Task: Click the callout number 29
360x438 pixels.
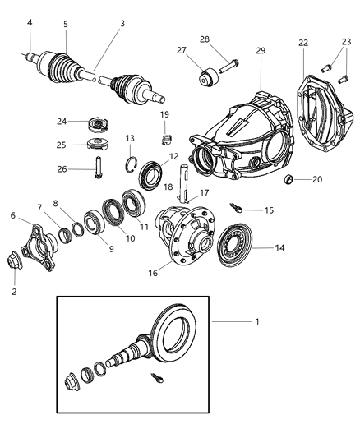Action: point(261,51)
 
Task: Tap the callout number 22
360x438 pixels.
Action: point(304,44)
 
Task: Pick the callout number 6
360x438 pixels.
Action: point(12,215)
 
